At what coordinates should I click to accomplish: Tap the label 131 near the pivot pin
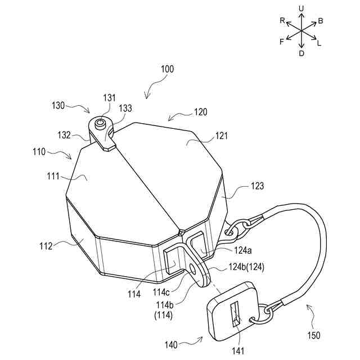click(108, 97)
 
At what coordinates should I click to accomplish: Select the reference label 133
click(125, 109)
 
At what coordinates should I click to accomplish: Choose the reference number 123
click(256, 186)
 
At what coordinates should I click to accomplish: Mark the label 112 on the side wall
click(46, 245)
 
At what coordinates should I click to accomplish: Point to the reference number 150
click(313, 336)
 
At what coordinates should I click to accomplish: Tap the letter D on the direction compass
click(301, 53)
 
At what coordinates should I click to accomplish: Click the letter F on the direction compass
click(282, 42)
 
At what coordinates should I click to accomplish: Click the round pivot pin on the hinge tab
click(101, 123)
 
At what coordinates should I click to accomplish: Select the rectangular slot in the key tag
click(235, 314)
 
